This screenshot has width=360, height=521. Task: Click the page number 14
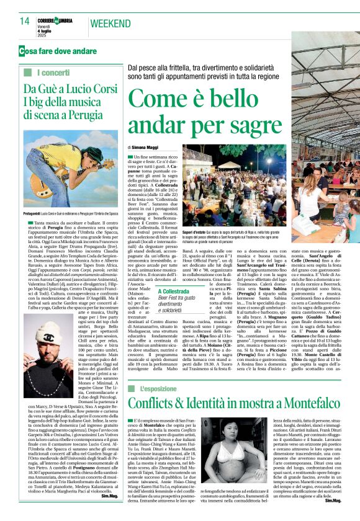point(24,21)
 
